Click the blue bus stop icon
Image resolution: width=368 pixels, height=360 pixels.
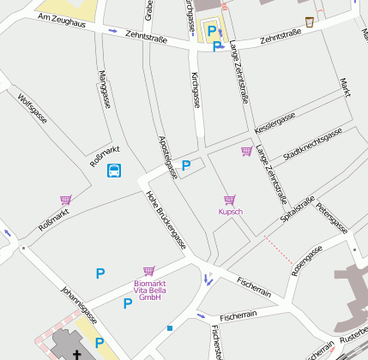pyautogui.click(x=114, y=171)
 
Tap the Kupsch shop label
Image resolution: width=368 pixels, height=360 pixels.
pyautogui.click(x=231, y=211)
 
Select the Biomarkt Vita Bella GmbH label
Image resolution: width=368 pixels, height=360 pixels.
pyautogui.click(x=150, y=291)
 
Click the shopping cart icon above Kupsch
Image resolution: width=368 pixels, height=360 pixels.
pyautogui.click(x=230, y=200)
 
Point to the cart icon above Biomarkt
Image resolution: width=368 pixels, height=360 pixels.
pyautogui.click(x=149, y=271)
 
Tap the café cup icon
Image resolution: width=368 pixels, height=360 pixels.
pyautogui.click(x=309, y=22)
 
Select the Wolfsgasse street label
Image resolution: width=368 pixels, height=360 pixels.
pyautogui.click(x=32, y=110)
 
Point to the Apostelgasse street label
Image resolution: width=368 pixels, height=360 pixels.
pyautogui.click(x=168, y=157)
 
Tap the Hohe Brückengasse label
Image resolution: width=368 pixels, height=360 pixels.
pyautogui.click(x=166, y=219)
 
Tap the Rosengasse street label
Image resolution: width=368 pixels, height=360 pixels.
pyautogui.click(x=306, y=260)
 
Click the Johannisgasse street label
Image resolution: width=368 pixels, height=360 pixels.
pyautogui.click(x=79, y=304)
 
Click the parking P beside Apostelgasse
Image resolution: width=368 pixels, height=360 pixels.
pyautogui.click(x=185, y=166)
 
